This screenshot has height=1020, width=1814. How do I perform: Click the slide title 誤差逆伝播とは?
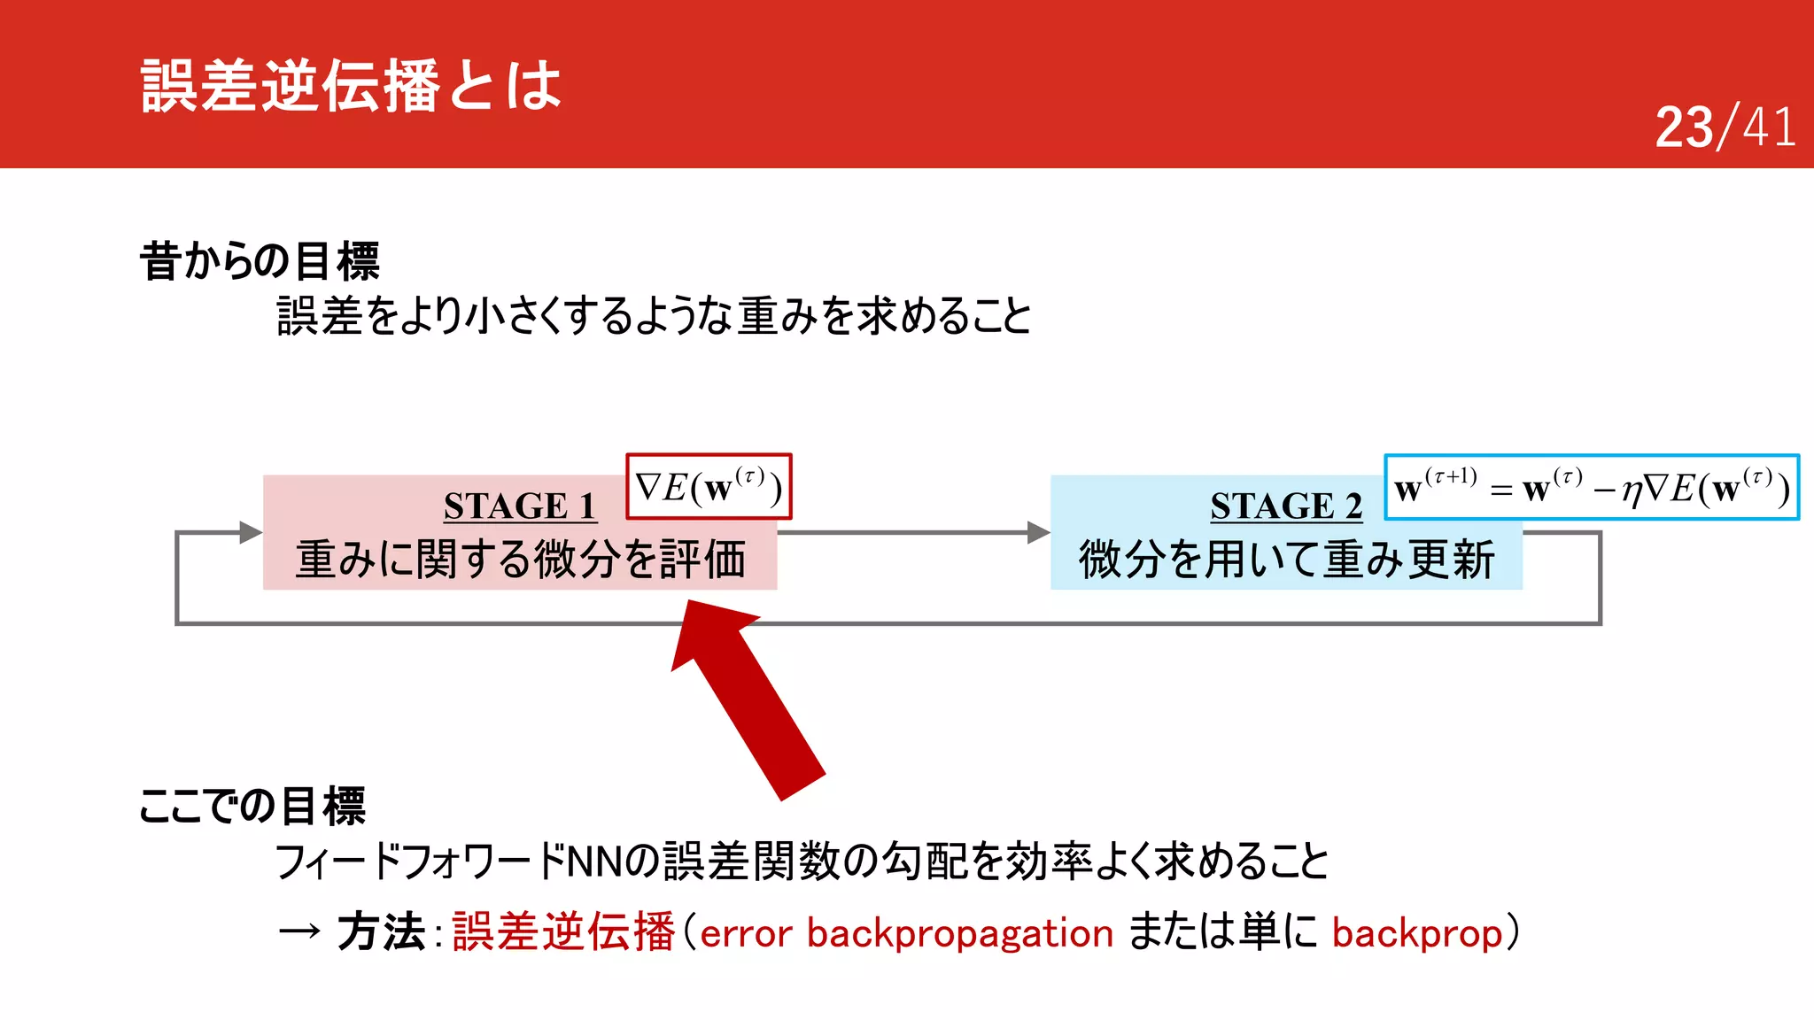pyautogui.click(x=351, y=86)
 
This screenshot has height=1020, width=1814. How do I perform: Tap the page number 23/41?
pyautogui.click(x=1724, y=127)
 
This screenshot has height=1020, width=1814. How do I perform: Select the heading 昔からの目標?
pyautogui.click(x=260, y=261)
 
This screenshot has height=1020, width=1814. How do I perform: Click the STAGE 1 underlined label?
pyautogui.click(x=519, y=506)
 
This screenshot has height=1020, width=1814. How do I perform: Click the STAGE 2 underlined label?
pyautogui.click(x=1285, y=506)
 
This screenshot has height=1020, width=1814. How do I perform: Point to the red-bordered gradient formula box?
pyautogui.click(x=709, y=487)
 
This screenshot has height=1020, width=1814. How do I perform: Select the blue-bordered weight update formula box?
pyautogui.click(x=1591, y=488)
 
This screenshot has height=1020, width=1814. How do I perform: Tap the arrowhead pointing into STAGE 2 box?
pyautogui.click(x=1038, y=532)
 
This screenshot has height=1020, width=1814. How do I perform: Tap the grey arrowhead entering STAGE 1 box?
pyautogui.click(x=251, y=532)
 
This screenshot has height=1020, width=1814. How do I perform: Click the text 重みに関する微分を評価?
pyautogui.click(x=520, y=560)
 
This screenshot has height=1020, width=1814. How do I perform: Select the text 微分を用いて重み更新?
pyautogui.click(x=1286, y=560)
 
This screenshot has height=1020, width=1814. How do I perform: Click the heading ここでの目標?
pyautogui.click(x=252, y=806)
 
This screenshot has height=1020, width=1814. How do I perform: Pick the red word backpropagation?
pyautogui.click(x=959, y=933)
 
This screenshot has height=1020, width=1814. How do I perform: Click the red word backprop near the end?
pyautogui.click(x=1416, y=933)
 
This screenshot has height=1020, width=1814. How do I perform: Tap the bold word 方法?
pyautogui.click(x=381, y=932)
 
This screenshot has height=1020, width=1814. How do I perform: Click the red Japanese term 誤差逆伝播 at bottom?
pyautogui.click(x=563, y=932)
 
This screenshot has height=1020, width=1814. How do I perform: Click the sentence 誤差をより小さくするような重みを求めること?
pyautogui.click(x=654, y=316)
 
